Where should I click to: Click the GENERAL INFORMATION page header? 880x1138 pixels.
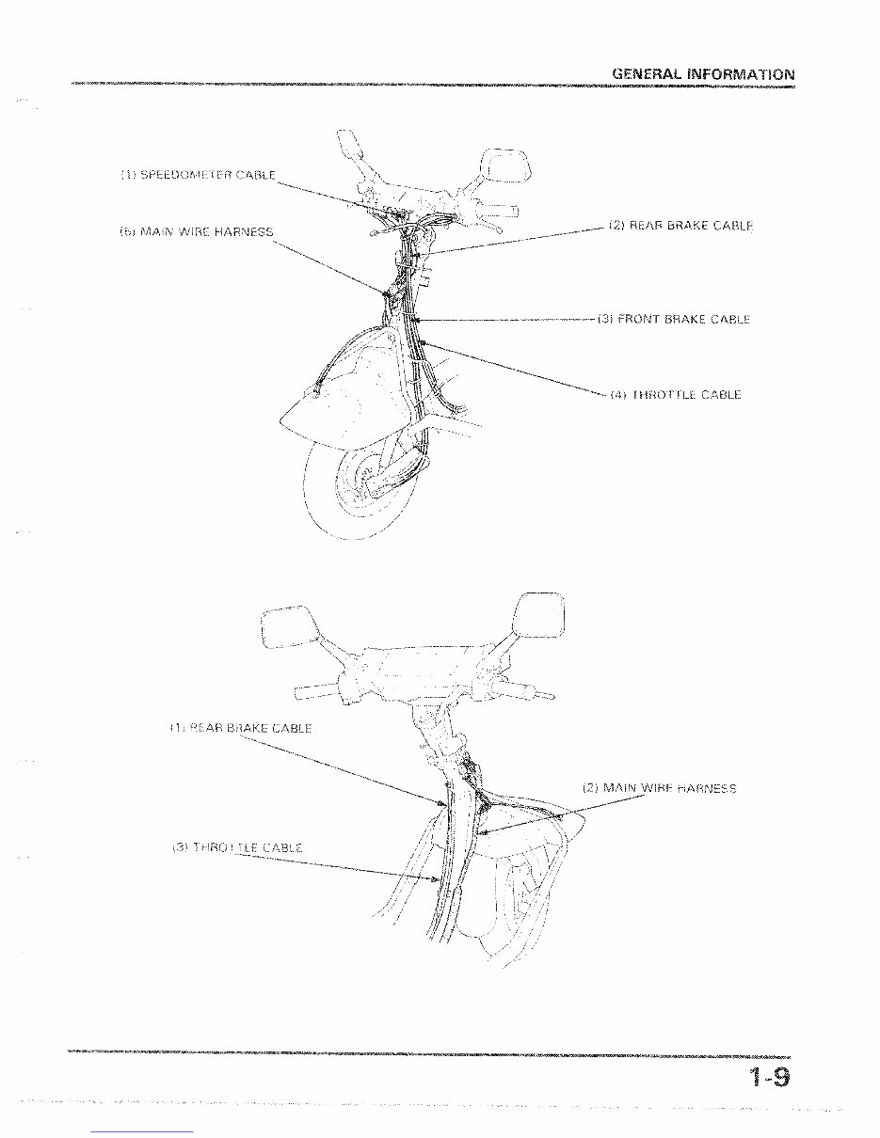[x=702, y=73]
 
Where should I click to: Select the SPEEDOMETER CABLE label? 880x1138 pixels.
[x=199, y=175]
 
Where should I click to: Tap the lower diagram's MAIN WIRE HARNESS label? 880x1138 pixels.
[x=659, y=788]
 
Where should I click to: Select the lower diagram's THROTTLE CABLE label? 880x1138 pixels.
[x=237, y=847]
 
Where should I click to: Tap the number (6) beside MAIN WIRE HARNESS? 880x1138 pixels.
[x=127, y=231]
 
